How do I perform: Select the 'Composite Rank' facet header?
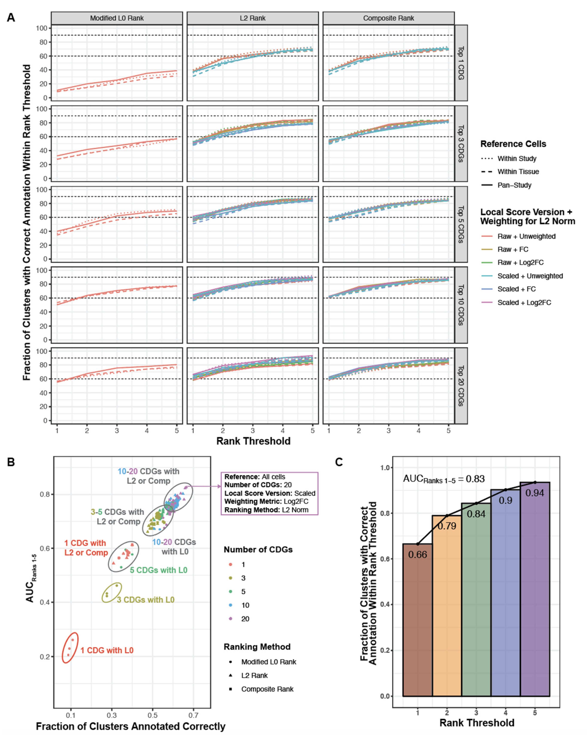pyautogui.click(x=388, y=18)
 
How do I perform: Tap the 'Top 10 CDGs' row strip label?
pyautogui.click(x=461, y=305)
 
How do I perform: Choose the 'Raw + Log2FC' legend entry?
pyautogui.click(x=520, y=262)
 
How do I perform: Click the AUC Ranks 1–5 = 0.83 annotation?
pyautogui.click(x=444, y=479)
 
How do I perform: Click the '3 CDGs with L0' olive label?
pyautogui.click(x=146, y=600)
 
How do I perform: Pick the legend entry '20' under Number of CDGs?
pyautogui.click(x=245, y=619)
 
